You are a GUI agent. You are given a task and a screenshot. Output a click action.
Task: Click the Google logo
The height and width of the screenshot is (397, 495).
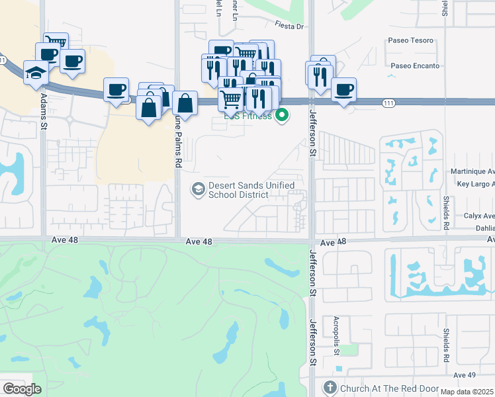(22, 389)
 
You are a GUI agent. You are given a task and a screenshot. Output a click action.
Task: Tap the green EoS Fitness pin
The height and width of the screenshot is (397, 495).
(283, 115)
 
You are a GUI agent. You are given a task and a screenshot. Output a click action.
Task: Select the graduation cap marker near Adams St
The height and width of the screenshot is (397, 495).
(36, 73)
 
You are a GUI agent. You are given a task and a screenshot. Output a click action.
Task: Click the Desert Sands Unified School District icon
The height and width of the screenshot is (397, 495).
(197, 189)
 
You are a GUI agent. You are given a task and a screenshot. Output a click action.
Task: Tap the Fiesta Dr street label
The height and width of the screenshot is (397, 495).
(289, 26)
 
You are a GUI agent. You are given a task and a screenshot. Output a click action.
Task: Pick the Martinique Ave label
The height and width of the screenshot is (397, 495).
(472, 171)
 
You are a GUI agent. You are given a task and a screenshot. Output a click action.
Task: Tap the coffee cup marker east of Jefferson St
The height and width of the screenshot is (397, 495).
(343, 89)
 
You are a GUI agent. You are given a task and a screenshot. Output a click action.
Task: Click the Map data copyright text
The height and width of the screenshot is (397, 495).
(467, 392)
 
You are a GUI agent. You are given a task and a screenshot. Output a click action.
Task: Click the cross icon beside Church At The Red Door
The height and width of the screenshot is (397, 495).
(330, 388)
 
